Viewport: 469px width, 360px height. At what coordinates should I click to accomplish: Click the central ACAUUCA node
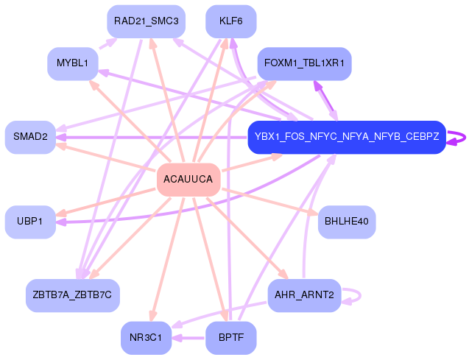pyautogui.click(x=188, y=180)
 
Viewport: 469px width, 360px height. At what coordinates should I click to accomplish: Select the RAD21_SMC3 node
pyautogui.click(x=146, y=21)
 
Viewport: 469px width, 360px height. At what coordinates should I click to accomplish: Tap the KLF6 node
pyautogui.click(x=231, y=21)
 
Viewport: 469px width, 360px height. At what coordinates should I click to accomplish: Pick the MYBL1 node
pyautogui.click(x=72, y=64)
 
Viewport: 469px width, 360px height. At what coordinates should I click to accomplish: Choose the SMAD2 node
pyautogui.click(x=30, y=137)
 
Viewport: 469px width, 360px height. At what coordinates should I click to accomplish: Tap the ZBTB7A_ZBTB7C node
pyautogui.click(x=72, y=294)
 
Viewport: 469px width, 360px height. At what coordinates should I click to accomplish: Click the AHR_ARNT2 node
pyautogui.click(x=304, y=294)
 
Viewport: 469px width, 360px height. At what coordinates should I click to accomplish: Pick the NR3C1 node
pyautogui.click(x=146, y=337)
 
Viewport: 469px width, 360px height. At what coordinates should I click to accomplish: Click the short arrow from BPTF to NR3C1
pyautogui.click(x=188, y=338)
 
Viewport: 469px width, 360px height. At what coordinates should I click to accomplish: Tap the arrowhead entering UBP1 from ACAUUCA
pyautogui.click(x=61, y=212)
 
